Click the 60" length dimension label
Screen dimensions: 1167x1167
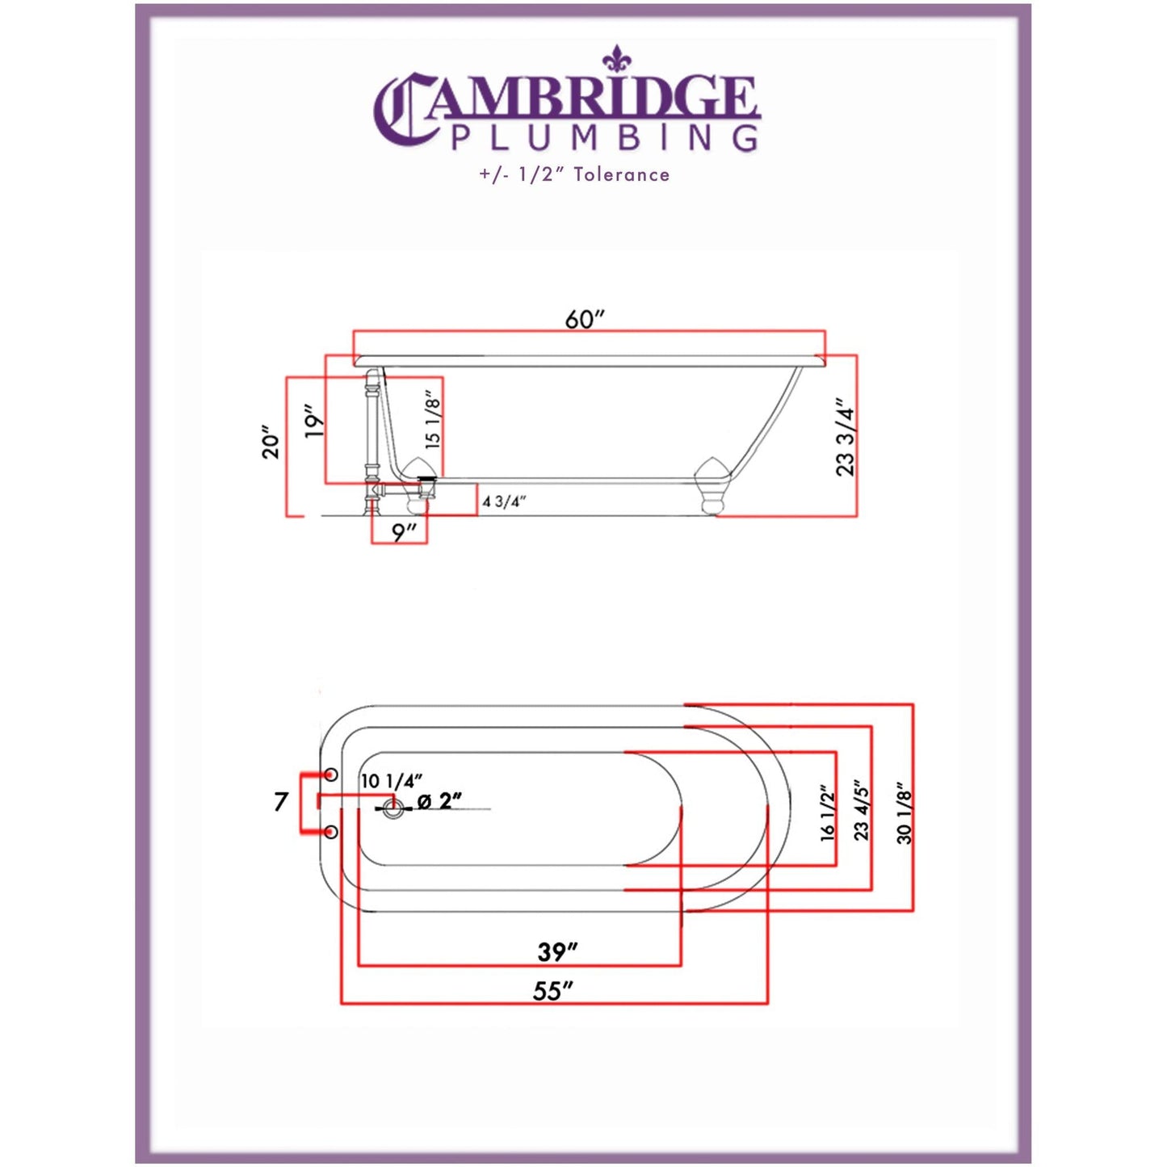[x=585, y=319]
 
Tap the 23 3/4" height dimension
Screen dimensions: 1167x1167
[x=845, y=437]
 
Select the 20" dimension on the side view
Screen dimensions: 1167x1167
[x=271, y=443]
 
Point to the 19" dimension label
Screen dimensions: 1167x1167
[x=314, y=422]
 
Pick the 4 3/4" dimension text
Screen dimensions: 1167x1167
[x=504, y=502]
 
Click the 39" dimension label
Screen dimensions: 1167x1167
[x=558, y=951]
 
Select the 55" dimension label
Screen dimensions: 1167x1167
[x=553, y=990]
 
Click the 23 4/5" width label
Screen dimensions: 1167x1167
[x=862, y=810]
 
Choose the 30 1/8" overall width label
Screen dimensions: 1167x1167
[x=905, y=812]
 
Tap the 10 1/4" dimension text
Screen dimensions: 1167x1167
[x=391, y=781]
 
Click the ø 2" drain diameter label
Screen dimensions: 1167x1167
[x=439, y=801]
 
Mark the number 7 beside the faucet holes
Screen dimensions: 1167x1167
[x=280, y=802]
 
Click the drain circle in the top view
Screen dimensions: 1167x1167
[x=393, y=808]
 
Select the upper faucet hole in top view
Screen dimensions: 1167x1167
[x=330, y=775]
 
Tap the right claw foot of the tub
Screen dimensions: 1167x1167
[x=712, y=485]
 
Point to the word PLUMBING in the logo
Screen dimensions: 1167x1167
[x=605, y=138]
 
